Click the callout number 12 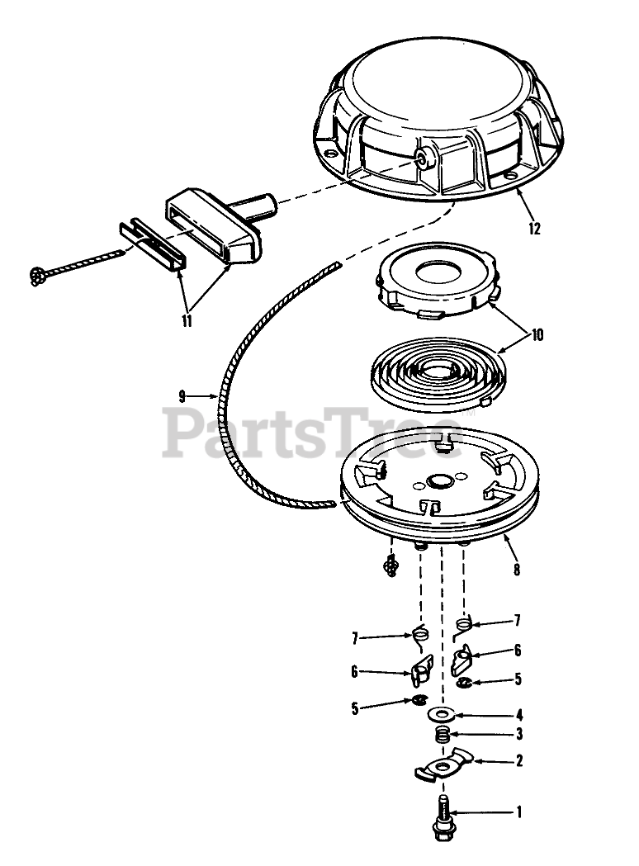pyautogui.click(x=534, y=228)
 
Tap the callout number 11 pyautogui.click(x=187, y=320)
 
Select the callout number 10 pyautogui.click(x=537, y=334)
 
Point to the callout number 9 pyautogui.click(x=182, y=395)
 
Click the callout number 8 pyautogui.click(x=516, y=570)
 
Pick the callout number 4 pyautogui.click(x=518, y=715)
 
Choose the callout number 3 pyautogui.click(x=518, y=735)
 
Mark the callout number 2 pyautogui.click(x=518, y=760)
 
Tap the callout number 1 pyautogui.click(x=518, y=812)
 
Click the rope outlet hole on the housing pyautogui.click(x=423, y=159)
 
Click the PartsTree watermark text pyautogui.click(x=312, y=431)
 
